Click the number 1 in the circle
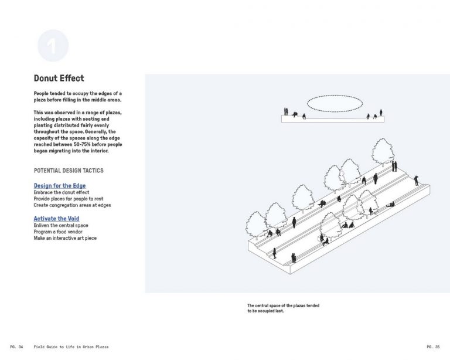pyautogui.click(x=53, y=47)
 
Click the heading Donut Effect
pyautogui.click(x=59, y=78)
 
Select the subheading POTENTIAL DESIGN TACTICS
pyautogui.click(x=69, y=171)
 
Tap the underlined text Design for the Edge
pyautogui.click(x=60, y=186)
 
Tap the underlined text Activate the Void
pyautogui.click(x=56, y=219)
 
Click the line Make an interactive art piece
pyautogui.click(x=65, y=238)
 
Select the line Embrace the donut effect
pyautogui.click(x=61, y=192)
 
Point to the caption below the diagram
pyautogui.click(x=283, y=308)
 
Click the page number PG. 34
pyautogui.click(x=16, y=347)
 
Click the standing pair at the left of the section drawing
pyautogui.click(x=287, y=111)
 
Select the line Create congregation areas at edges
pyautogui.click(x=72, y=205)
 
